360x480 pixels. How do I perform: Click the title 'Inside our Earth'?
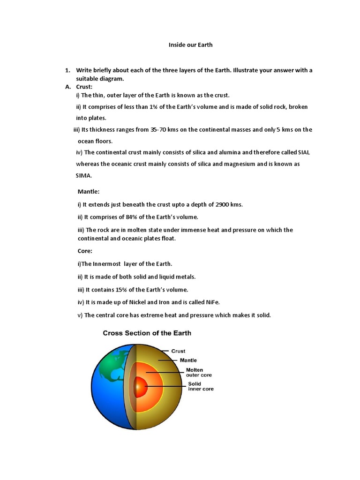click(x=190, y=45)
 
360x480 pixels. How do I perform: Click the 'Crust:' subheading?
click(x=84, y=87)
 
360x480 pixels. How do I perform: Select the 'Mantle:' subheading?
click(x=89, y=192)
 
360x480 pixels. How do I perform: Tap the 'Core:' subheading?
click(x=85, y=251)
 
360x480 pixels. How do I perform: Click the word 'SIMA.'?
click(x=84, y=176)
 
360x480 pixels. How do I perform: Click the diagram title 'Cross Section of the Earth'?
click(x=147, y=333)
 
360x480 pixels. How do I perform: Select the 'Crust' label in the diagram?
click(x=178, y=351)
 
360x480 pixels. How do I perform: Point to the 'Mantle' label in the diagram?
click(x=188, y=360)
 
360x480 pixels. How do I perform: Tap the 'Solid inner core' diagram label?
click(x=201, y=386)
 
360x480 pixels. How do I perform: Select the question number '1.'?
click(x=67, y=71)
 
